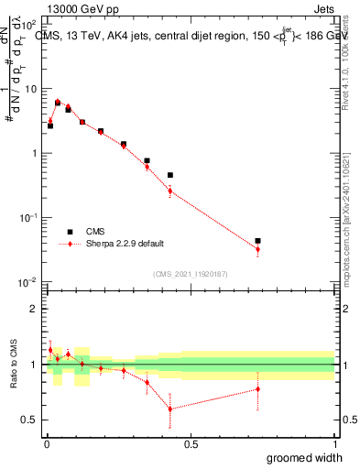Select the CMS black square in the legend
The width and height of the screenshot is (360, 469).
tap(69, 232)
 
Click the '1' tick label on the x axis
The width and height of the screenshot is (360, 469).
tap(333, 444)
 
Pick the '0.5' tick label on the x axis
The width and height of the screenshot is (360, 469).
tap(191, 444)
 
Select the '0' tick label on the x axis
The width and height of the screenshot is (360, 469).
tap(48, 444)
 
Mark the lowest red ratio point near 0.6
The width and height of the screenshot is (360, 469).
tap(169, 409)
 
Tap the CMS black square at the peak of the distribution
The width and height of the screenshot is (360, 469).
tap(58, 103)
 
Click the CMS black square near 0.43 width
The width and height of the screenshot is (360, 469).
tap(170, 174)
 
